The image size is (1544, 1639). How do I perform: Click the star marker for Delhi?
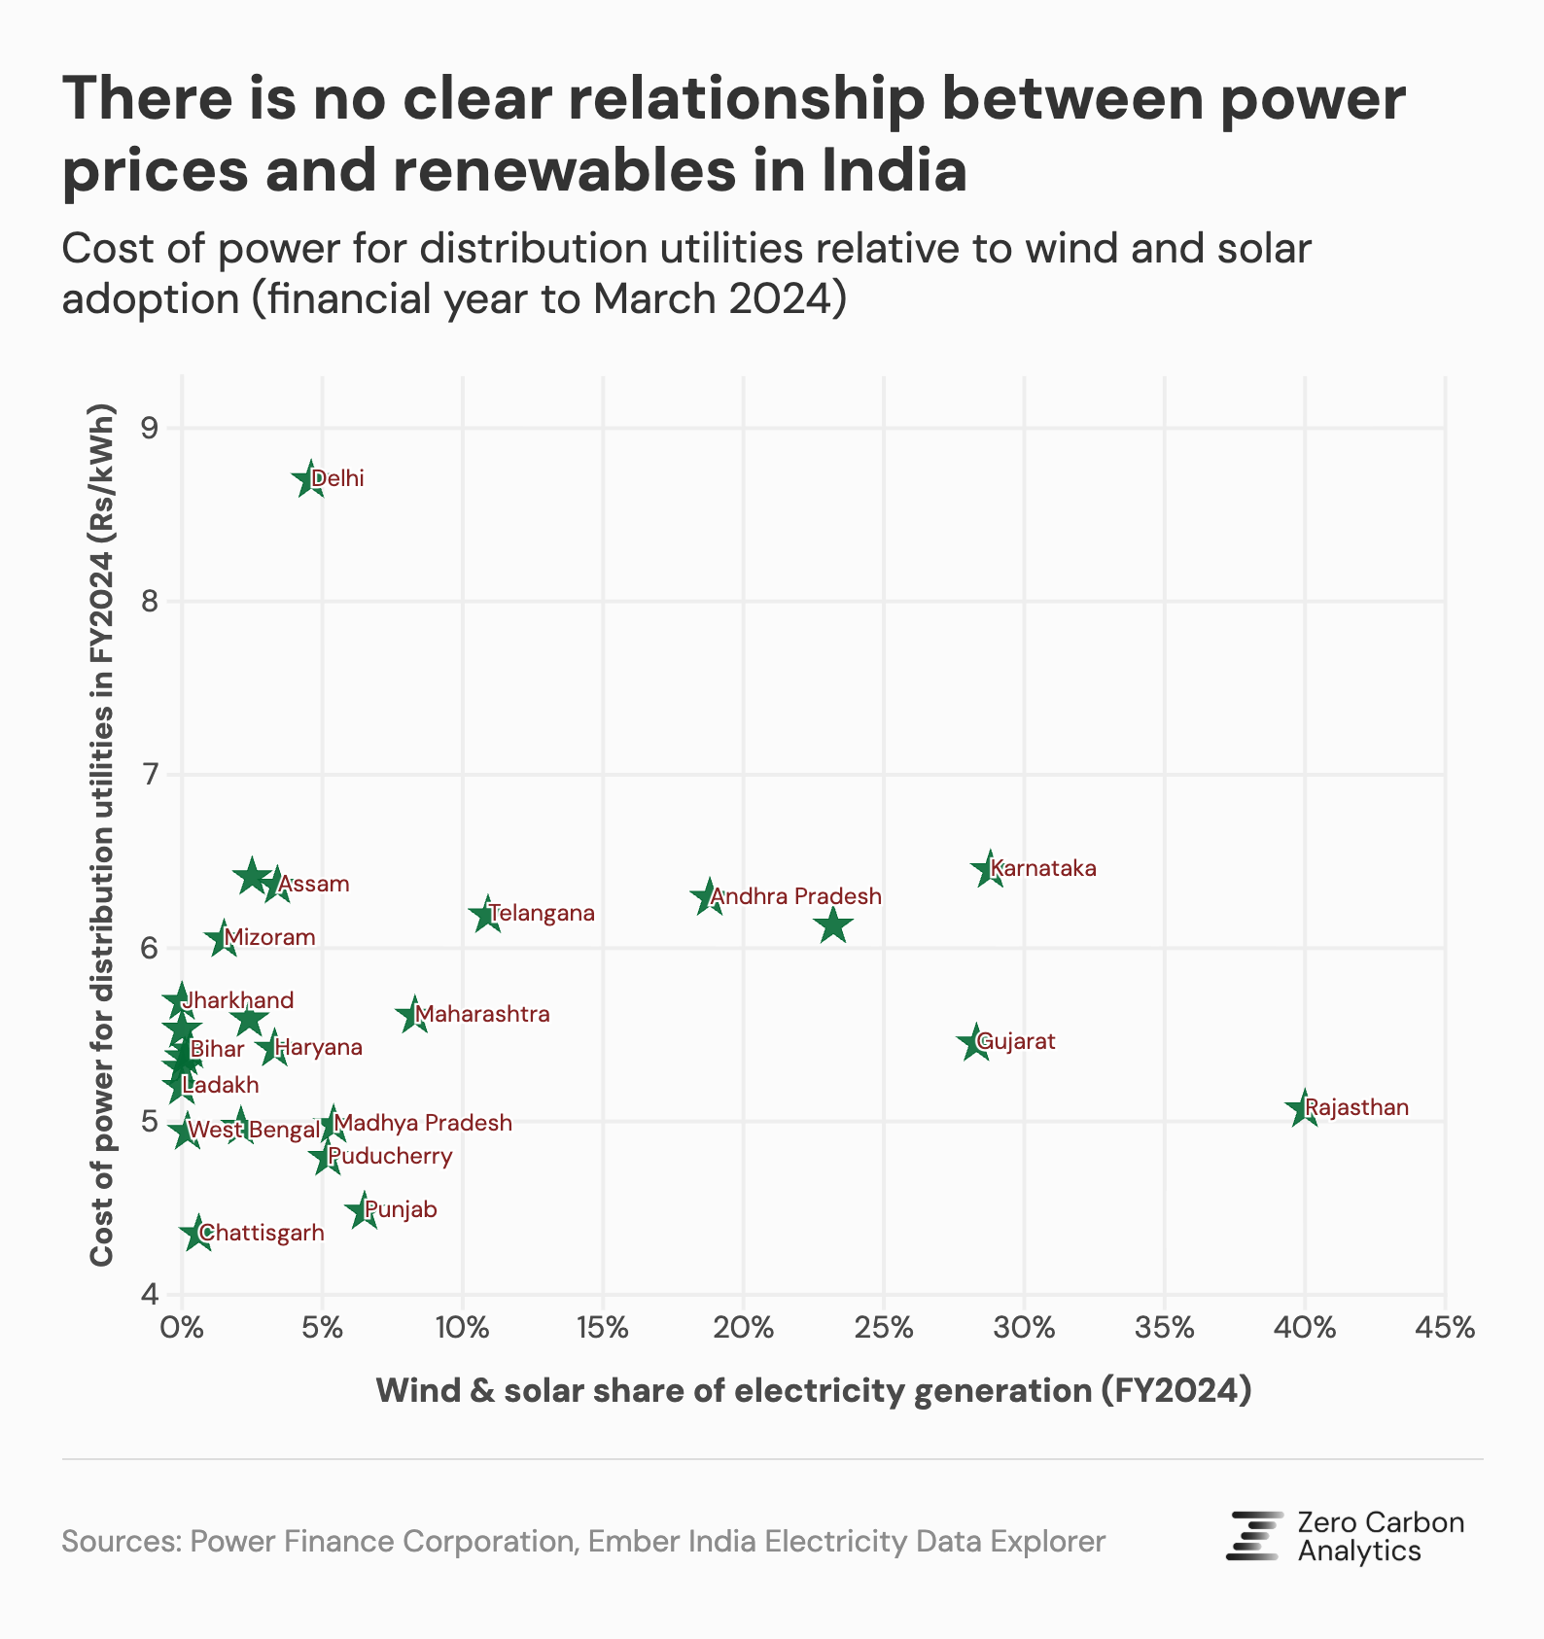[310, 479]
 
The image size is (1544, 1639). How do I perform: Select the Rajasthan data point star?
[1304, 1108]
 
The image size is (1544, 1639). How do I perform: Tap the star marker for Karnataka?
[990, 869]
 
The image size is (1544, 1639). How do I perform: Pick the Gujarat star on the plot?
[975, 1043]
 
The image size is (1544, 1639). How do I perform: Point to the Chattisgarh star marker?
[198, 1234]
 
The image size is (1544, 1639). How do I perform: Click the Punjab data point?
[364, 1211]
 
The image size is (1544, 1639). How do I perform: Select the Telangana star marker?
[487, 915]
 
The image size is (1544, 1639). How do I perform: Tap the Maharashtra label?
[482, 1015]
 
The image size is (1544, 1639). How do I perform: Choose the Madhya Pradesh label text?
[424, 1124]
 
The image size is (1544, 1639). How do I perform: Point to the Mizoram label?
[270, 938]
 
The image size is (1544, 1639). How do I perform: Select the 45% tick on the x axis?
[1445, 1328]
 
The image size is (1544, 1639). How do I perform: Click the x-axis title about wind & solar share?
[813, 1391]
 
